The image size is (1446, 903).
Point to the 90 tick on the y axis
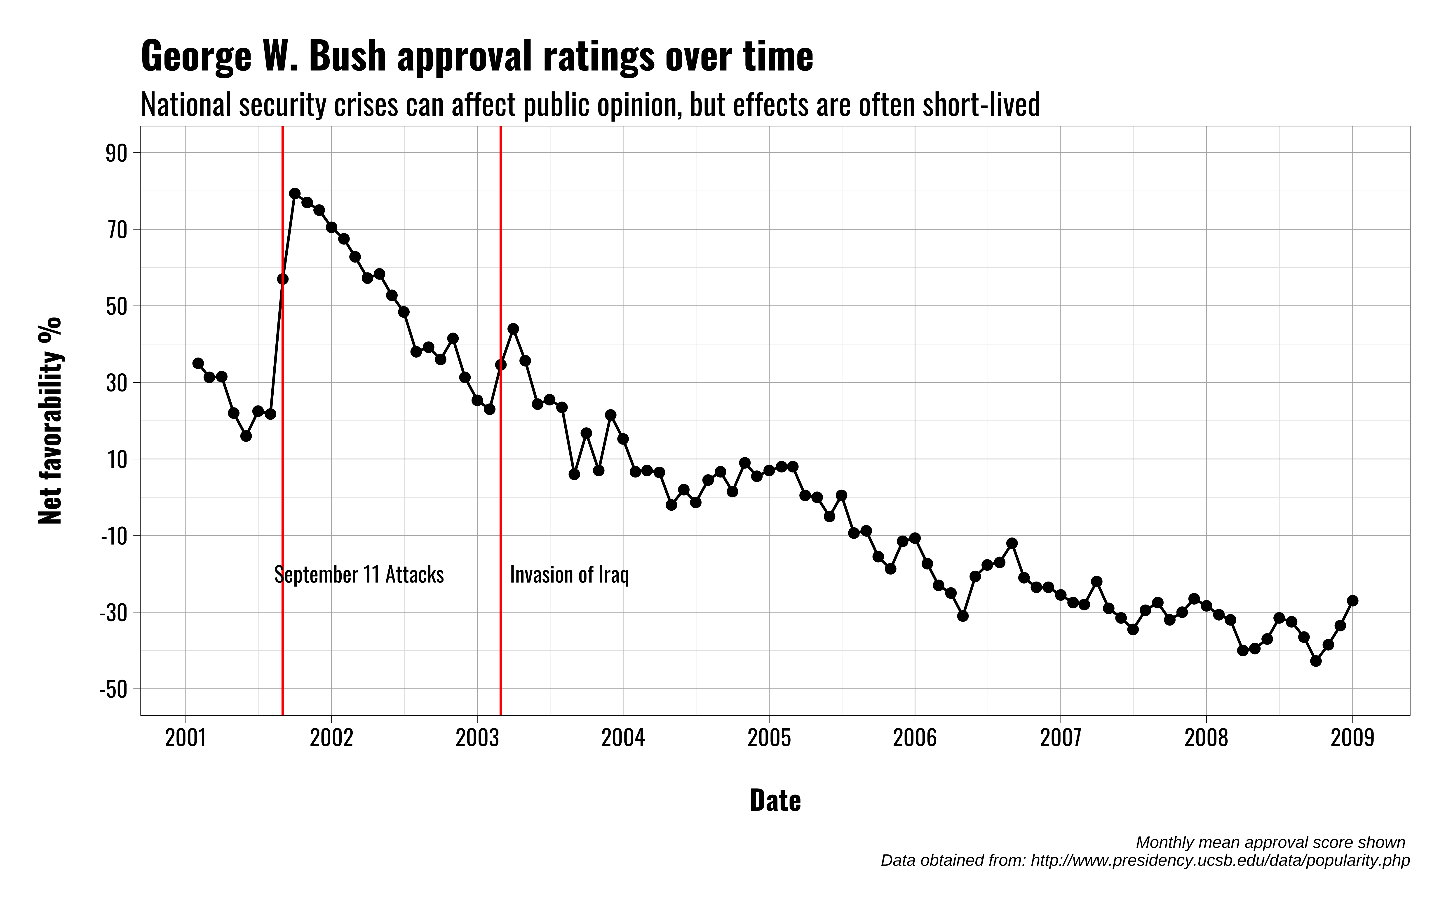point(117,154)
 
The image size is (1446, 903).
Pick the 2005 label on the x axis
point(769,738)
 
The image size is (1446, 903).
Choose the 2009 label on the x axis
point(1352,738)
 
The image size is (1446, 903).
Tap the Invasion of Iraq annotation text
point(569,575)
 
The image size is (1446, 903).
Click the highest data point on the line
point(295,193)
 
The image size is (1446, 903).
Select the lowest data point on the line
point(1316,661)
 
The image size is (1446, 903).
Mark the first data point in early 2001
point(198,363)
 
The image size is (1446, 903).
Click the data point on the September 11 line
point(283,279)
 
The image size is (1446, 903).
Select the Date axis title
point(775,800)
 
